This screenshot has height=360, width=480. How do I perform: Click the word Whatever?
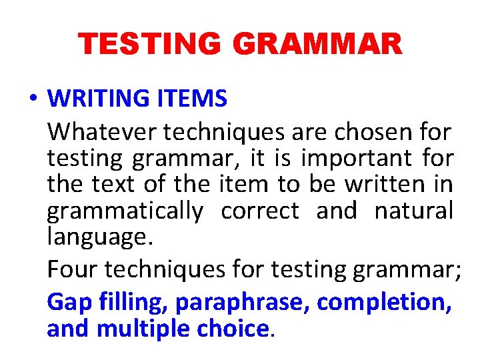pos(101,132)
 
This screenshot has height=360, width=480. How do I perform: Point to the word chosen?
pos(365,132)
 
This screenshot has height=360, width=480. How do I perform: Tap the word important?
pos(357,159)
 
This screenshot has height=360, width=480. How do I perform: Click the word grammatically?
pos(125,211)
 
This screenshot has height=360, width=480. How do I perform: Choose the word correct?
pos(260,211)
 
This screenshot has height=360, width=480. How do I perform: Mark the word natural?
pos(413,211)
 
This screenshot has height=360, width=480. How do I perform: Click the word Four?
pos(73,269)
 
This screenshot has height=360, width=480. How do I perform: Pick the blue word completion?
pos(385,302)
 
